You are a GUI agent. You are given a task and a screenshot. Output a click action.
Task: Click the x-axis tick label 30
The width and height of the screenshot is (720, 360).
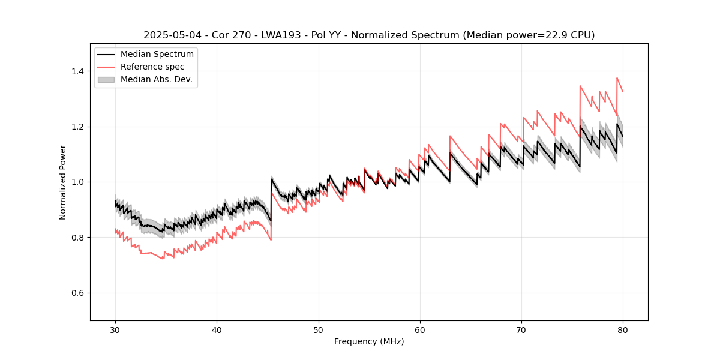116,330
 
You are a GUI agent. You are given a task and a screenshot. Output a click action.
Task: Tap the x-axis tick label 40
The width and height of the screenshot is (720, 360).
217,330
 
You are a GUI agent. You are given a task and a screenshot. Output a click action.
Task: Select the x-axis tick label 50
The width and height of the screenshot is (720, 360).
319,330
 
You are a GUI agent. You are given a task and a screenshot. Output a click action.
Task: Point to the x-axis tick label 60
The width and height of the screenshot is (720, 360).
420,330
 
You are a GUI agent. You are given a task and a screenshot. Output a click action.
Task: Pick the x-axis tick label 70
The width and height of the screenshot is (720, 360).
521,330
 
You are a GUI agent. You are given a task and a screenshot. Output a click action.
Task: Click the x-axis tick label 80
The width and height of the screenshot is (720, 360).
623,330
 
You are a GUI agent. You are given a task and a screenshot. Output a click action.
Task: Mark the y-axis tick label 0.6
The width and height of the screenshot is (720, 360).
78,293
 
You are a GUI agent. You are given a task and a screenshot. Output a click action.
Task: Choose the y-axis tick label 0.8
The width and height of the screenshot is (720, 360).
78,238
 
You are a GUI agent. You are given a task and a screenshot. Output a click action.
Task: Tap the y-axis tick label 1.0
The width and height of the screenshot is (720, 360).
78,182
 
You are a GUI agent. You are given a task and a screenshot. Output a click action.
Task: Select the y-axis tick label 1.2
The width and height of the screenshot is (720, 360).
78,127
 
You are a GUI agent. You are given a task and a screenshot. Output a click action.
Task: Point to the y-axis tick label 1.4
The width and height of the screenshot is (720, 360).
78,71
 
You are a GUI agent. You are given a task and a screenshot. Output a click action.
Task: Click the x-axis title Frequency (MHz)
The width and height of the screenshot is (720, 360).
369,341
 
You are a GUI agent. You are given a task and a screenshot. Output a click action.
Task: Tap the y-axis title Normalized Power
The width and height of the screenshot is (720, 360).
63,182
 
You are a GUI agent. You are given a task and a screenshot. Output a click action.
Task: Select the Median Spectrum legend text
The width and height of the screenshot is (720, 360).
157,55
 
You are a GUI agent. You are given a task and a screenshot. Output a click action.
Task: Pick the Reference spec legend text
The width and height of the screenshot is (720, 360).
152,67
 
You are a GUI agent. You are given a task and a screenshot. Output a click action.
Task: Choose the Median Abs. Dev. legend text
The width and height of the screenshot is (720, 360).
157,79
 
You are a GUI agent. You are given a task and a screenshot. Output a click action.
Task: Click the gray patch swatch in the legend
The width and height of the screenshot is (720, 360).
106,79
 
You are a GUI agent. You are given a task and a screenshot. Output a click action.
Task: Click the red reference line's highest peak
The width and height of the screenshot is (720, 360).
617,77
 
